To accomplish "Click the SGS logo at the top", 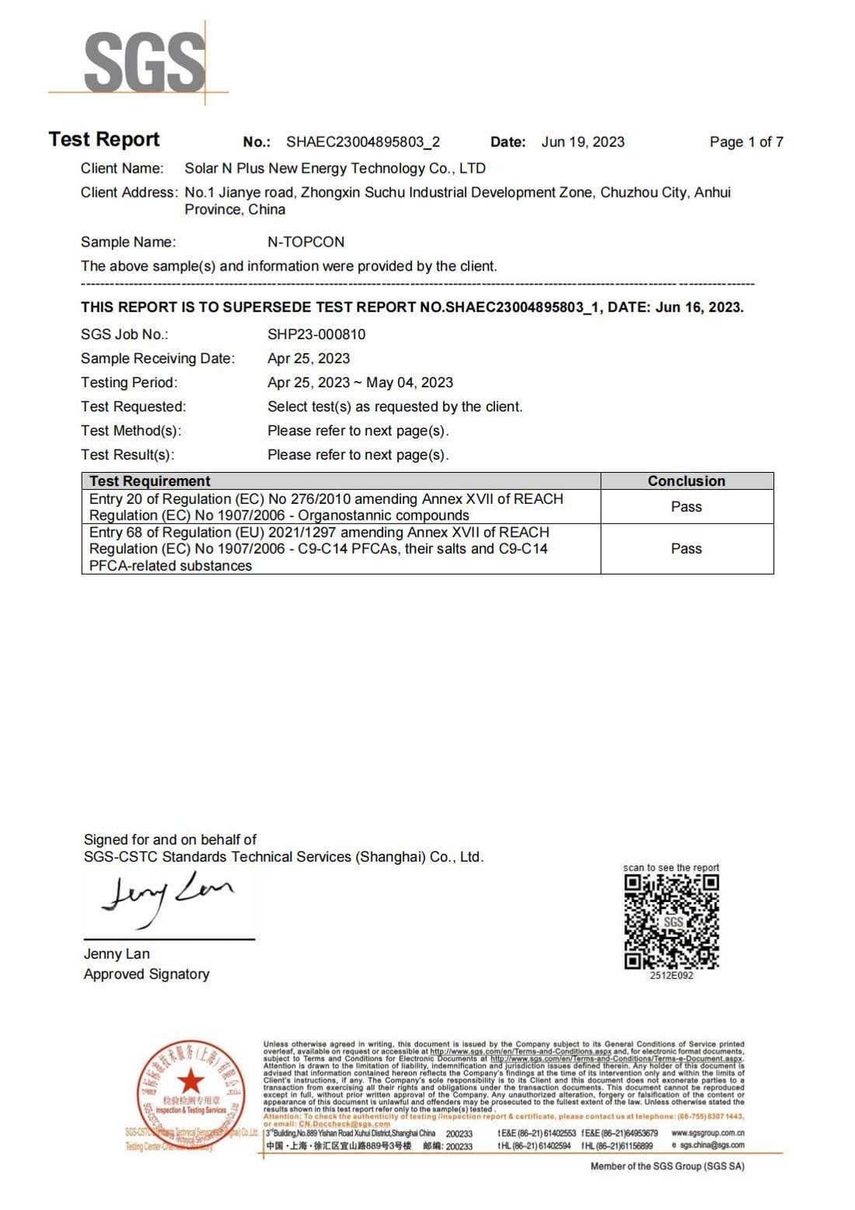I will tap(145, 63).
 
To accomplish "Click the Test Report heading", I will tap(104, 140).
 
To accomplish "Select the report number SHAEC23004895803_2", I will tap(363, 142).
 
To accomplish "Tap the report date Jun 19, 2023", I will tap(583, 142).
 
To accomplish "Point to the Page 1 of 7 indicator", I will tap(746, 142).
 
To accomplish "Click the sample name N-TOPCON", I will tap(306, 242).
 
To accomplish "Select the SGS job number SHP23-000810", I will tap(316, 334).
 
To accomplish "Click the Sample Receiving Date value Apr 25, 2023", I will tap(309, 358).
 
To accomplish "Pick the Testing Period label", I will tap(129, 383).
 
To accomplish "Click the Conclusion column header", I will tap(686, 481).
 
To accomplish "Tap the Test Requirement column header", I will tap(150, 481).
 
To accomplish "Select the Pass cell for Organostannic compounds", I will tap(686, 507).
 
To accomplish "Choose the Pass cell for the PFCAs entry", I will tap(686, 549).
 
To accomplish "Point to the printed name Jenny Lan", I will tap(117, 954).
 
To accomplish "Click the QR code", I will tap(672, 921).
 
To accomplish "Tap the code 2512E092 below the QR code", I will tap(672, 975).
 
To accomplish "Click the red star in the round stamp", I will tap(190, 1080).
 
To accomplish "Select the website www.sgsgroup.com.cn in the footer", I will tap(707, 1133).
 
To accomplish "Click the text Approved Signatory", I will tap(147, 974).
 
